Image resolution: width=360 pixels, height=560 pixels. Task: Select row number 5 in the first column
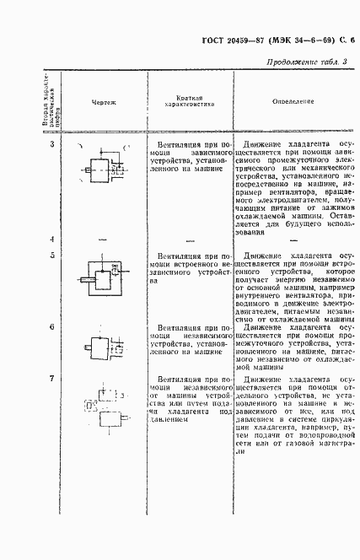tap(52, 255)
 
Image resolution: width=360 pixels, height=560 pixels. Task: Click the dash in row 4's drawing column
tap(103, 240)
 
